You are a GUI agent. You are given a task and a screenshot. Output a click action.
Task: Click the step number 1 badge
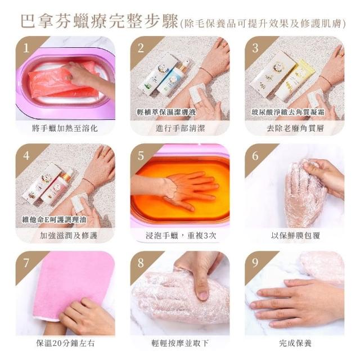(x=26, y=48)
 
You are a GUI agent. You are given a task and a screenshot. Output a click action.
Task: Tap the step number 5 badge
(x=141, y=156)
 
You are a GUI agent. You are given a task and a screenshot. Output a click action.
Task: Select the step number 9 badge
(x=255, y=263)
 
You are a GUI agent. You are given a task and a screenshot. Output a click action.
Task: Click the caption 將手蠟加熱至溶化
(x=65, y=128)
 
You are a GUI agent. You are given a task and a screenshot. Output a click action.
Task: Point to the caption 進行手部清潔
(x=180, y=128)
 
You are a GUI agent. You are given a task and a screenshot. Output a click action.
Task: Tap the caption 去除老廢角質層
(x=295, y=128)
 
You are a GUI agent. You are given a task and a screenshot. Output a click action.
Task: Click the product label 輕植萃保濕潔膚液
(x=166, y=112)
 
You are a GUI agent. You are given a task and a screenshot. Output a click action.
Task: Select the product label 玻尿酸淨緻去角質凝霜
(x=288, y=112)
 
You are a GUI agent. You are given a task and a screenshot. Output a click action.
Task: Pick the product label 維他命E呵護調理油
(x=54, y=219)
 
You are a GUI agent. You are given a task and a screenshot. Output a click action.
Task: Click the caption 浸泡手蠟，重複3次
(x=181, y=236)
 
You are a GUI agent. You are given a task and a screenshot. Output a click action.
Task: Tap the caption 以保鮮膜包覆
(x=295, y=236)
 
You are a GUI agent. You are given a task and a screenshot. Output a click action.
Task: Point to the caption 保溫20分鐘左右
(x=65, y=343)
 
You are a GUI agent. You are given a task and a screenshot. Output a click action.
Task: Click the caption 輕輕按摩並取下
(x=180, y=343)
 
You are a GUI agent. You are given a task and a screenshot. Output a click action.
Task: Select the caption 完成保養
(x=295, y=343)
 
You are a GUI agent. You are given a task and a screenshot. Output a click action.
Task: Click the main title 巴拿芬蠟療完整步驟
(x=100, y=21)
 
